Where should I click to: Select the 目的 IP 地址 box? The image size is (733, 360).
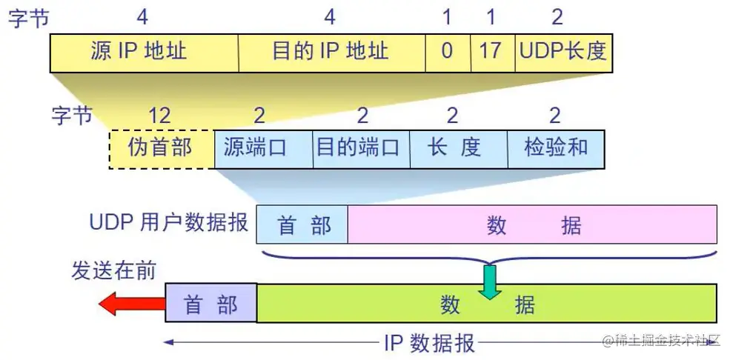tap(331, 51)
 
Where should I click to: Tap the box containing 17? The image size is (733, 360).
tap(492, 51)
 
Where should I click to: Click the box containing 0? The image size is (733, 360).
tap(448, 51)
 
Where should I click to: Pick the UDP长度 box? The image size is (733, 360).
tap(563, 51)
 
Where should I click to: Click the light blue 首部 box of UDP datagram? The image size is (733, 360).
tap(302, 225)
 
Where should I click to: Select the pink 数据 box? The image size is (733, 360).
tap(532, 225)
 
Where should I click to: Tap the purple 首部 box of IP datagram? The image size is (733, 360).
tap(210, 304)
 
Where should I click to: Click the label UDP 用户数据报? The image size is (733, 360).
tap(169, 223)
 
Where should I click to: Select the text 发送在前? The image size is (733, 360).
tap(113, 270)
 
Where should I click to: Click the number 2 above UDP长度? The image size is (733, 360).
tap(557, 16)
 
